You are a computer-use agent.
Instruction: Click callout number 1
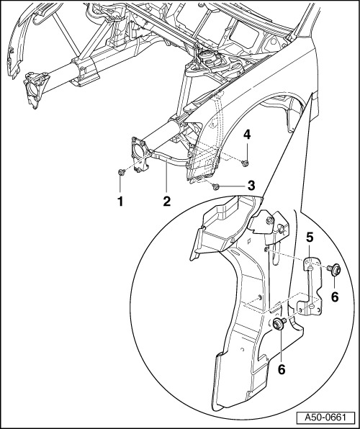[x=120, y=202]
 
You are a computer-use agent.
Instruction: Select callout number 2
[x=167, y=202]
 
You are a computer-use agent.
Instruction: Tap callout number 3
[x=251, y=186]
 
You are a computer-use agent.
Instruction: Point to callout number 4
[x=247, y=135]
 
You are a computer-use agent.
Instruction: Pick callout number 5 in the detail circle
[x=310, y=238]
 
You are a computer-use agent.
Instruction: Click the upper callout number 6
[x=335, y=297]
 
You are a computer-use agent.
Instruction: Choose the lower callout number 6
[x=282, y=370]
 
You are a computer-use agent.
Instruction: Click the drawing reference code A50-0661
[x=325, y=417]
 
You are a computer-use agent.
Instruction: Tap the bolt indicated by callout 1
[x=121, y=172]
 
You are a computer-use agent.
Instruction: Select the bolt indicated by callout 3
[x=215, y=187]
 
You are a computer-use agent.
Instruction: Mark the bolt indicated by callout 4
[x=245, y=163]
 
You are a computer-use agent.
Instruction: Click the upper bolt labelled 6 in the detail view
[x=334, y=269]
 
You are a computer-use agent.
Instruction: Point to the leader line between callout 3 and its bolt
[x=232, y=186]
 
